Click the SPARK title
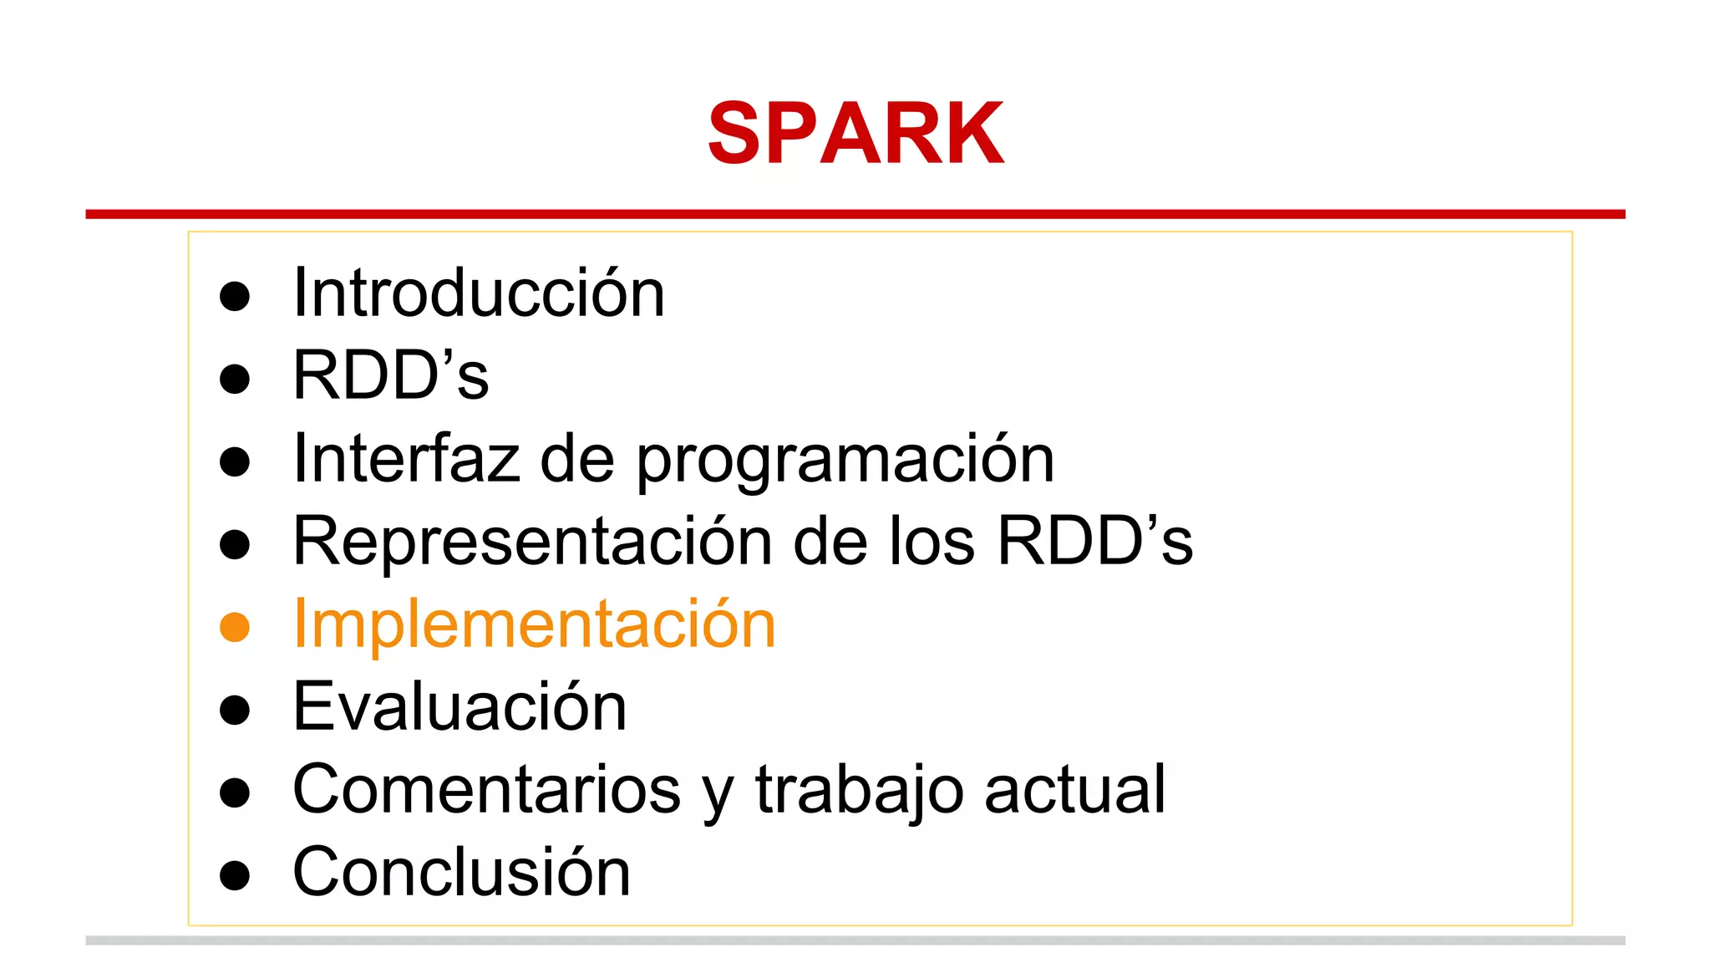tap(855, 134)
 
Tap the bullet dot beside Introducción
tap(235, 296)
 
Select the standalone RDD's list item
tap(390, 375)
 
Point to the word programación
tap(845, 461)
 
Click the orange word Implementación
tap(535, 624)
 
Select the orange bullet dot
tap(235, 627)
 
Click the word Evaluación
tap(459, 706)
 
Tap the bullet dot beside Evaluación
tap(235, 710)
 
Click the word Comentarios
tap(487, 789)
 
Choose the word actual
tap(1074, 789)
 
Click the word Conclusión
tap(461, 872)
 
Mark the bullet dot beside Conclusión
tap(235, 875)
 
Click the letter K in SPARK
tap(969, 134)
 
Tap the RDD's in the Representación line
tap(1095, 541)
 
